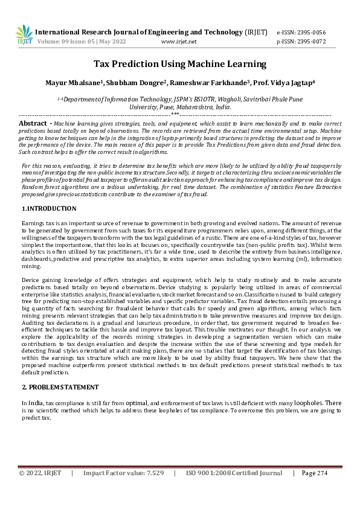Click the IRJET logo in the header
click(24, 35)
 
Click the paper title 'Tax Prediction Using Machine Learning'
click(179, 64)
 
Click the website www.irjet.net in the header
click(179, 42)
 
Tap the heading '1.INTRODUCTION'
click(49, 208)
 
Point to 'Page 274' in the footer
click(314, 473)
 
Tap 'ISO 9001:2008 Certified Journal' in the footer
click(234, 473)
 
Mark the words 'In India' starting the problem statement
click(32, 403)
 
